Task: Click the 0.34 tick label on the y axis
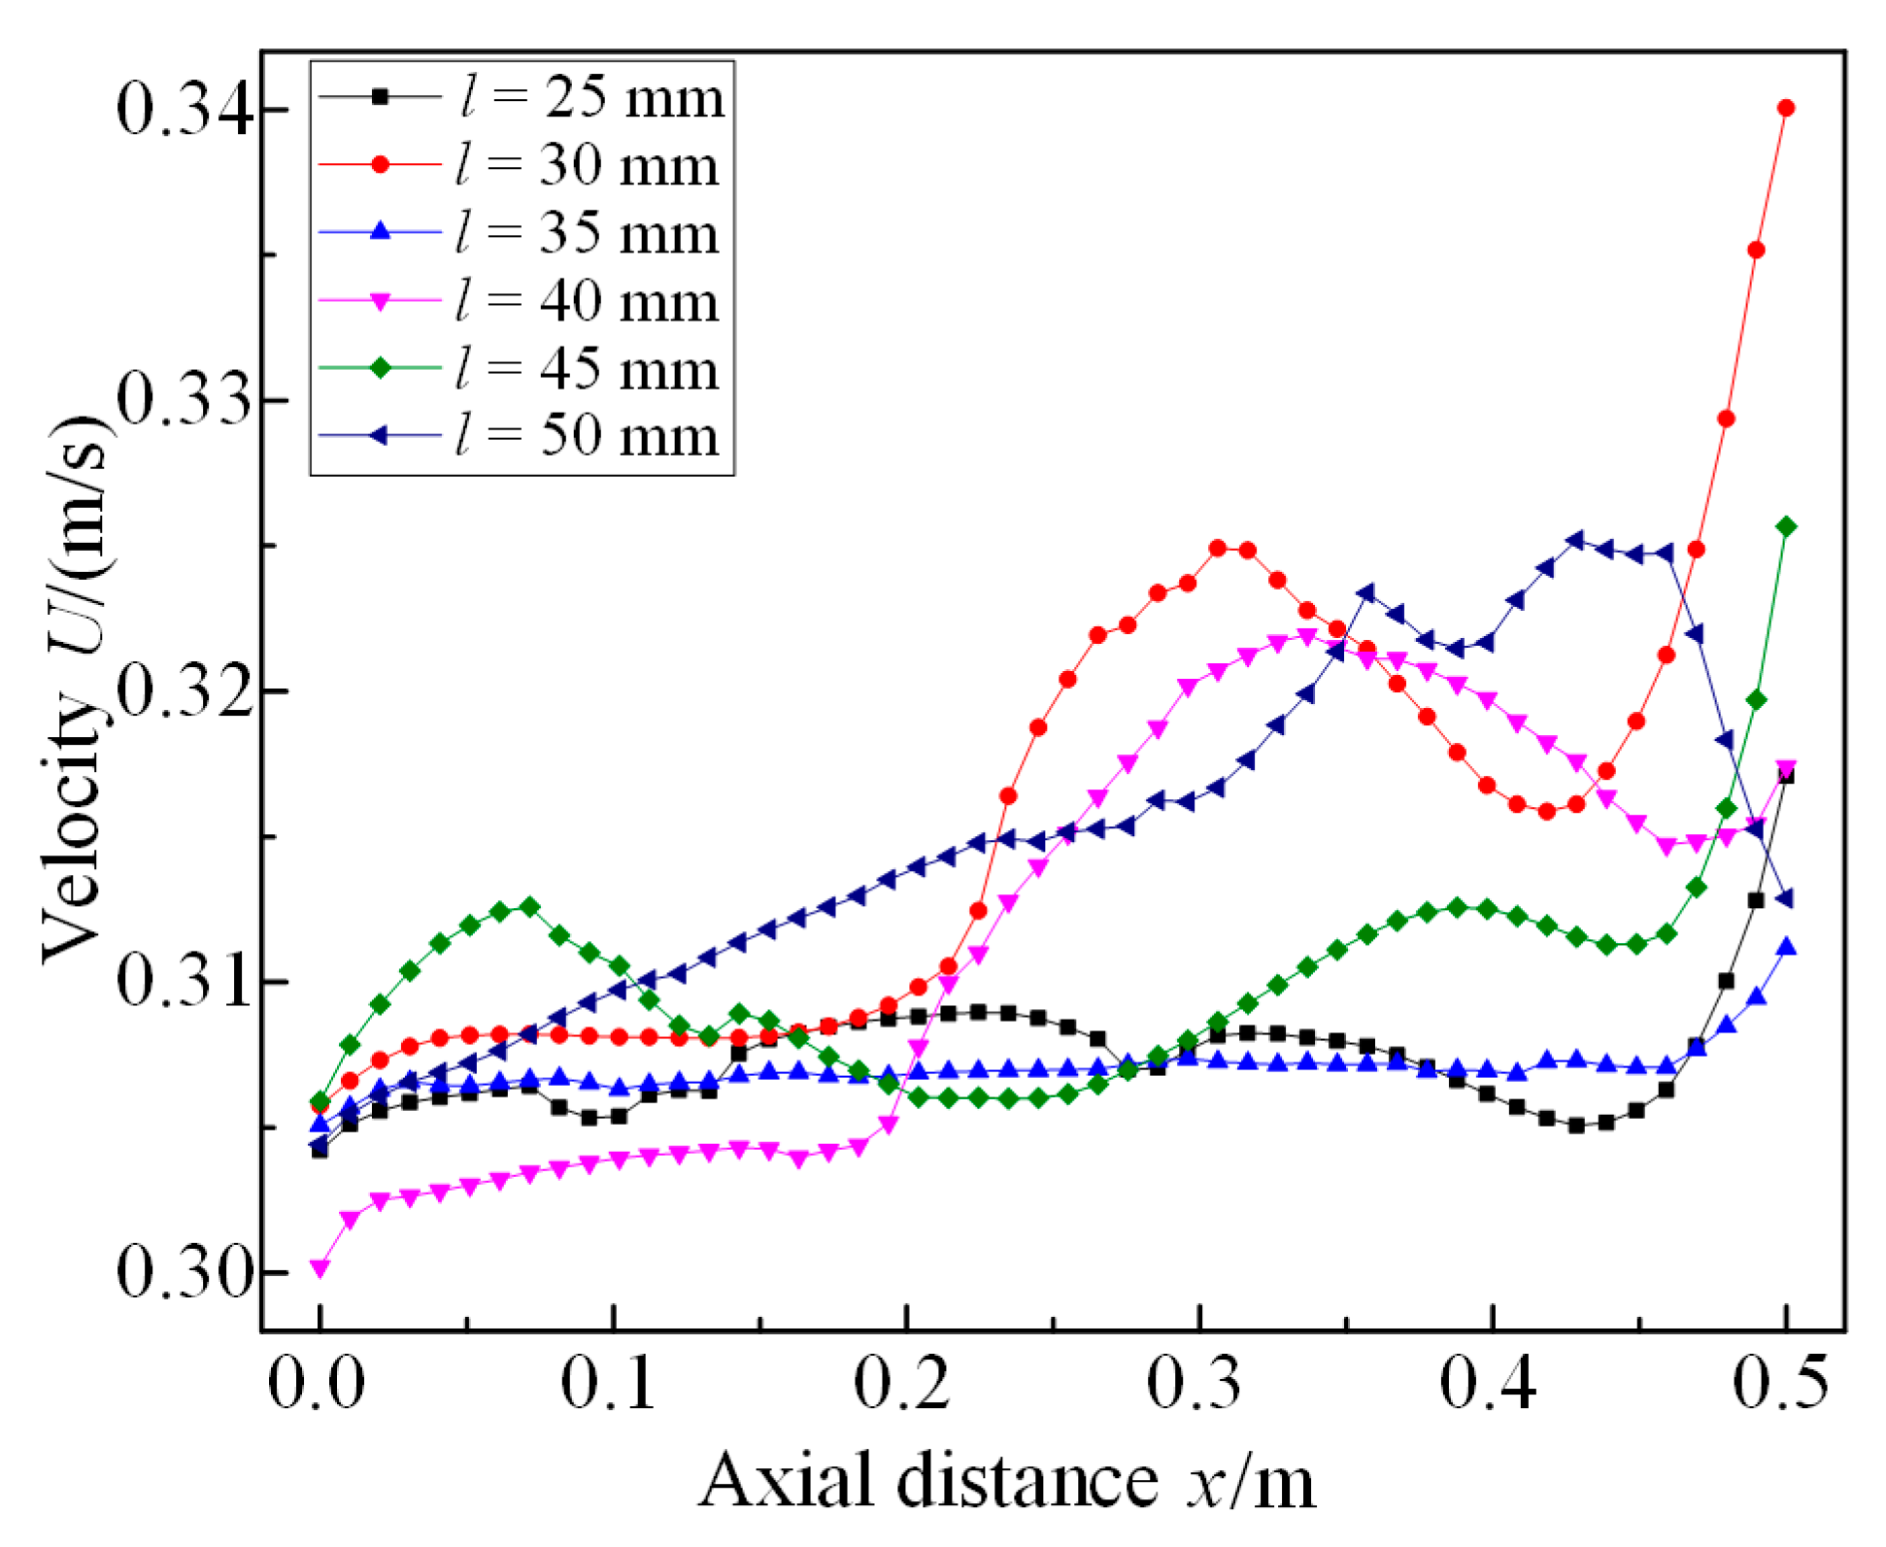[185, 109]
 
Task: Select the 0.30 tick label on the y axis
[185, 1272]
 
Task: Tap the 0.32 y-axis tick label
[185, 690]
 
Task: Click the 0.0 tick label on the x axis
[317, 1384]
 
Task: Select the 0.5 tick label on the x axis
[1781, 1384]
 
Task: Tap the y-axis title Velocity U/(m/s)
[73, 689]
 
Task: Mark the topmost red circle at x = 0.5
[1785, 108]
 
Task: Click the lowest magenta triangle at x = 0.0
[320, 1268]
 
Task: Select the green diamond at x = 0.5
[1785, 526]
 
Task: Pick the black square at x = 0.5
[1785, 776]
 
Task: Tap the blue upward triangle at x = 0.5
[1785, 948]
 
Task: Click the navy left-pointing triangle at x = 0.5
[1783, 899]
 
